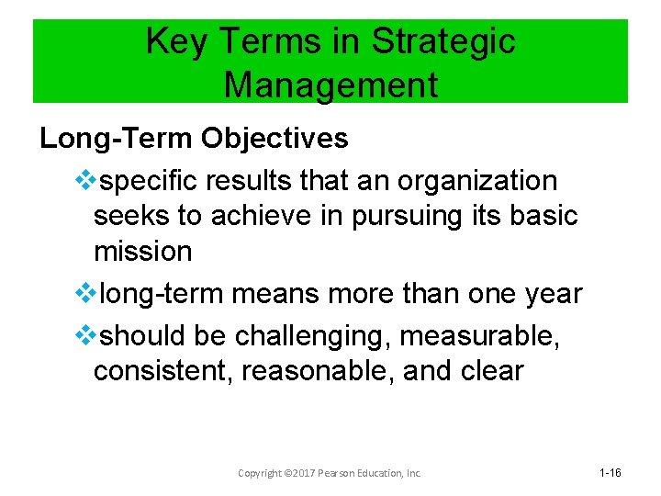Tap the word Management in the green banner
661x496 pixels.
point(330,85)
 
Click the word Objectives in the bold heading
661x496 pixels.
point(275,139)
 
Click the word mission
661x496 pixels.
point(142,252)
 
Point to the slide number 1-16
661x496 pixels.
point(611,473)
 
